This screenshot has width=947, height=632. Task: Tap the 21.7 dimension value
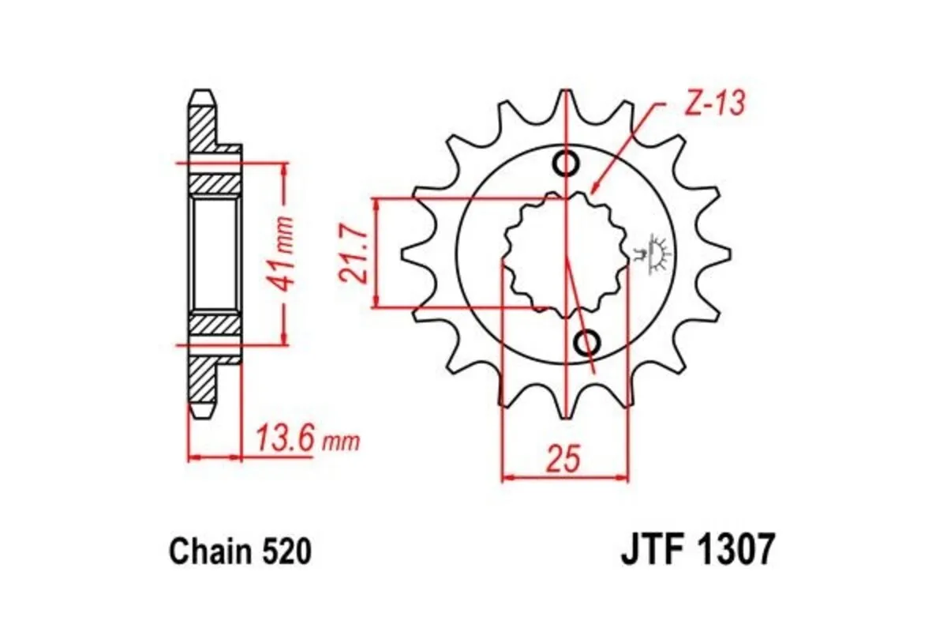[352, 253]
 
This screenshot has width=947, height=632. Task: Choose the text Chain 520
[240, 551]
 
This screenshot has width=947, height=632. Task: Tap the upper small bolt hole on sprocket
[567, 164]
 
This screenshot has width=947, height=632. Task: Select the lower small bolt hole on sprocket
[587, 343]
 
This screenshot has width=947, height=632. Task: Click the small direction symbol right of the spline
[651, 254]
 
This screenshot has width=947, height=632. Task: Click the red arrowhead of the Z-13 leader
[594, 187]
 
